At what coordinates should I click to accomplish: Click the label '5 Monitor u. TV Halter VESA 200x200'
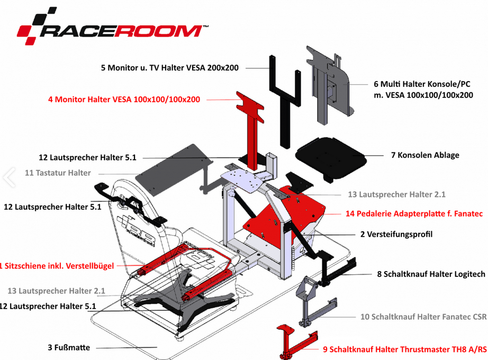pyautogui.click(x=170, y=68)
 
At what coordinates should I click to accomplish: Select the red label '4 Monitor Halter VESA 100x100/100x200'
pyautogui.click(x=124, y=99)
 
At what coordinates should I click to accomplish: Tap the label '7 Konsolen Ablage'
pyautogui.click(x=425, y=155)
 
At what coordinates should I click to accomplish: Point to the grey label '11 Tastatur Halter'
pyautogui.click(x=58, y=173)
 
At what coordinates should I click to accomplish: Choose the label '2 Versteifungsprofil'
pyautogui.click(x=396, y=233)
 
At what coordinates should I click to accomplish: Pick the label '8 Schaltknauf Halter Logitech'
pyautogui.click(x=431, y=274)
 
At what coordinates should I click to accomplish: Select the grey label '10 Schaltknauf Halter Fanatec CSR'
pyautogui.click(x=423, y=317)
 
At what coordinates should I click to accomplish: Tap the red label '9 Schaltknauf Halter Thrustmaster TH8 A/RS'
pyautogui.click(x=404, y=349)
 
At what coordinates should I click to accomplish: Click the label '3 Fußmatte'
pyautogui.click(x=69, y=347)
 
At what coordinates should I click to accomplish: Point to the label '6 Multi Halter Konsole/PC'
pyautogui.click(x=422, y=84)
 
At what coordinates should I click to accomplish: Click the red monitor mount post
pyautogui.click(x=254, y=132)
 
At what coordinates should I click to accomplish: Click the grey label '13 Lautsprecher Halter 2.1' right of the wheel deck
pyautogui.click(x=396, y=194)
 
